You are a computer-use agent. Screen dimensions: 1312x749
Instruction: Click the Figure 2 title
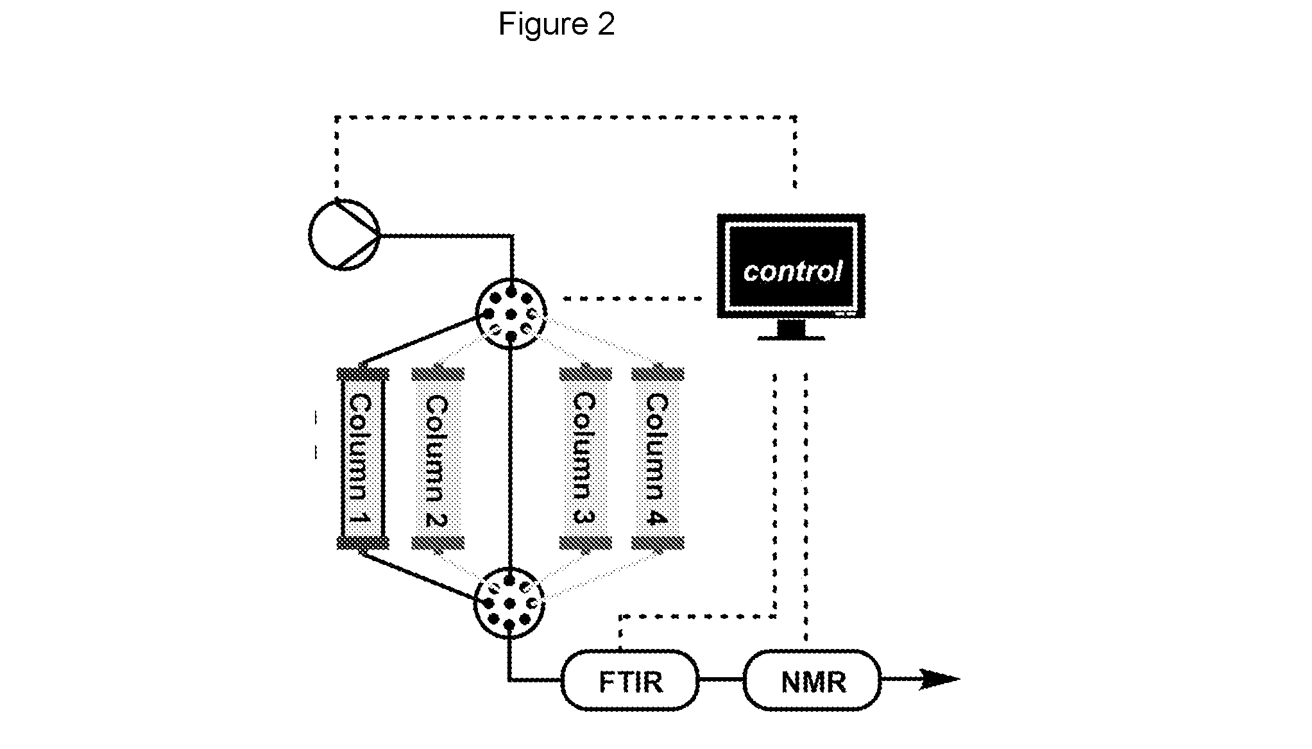coord(556,24)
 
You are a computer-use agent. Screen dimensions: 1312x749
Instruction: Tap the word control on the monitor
coord(792,271)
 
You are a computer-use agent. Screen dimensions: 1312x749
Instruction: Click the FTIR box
coord(630,680)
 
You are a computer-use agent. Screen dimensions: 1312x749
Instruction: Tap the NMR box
coord(812,680)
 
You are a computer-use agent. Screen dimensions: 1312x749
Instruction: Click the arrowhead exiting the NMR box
coord(939,679)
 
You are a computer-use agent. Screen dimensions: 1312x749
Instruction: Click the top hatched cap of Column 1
coord(362,374)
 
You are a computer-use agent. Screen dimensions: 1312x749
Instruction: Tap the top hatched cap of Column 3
coord(585,374)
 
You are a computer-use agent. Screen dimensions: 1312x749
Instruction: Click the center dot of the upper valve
coord(511,314)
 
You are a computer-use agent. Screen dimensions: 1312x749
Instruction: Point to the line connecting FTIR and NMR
coord(721,679)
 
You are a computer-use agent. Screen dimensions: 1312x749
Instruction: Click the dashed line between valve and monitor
coord(633,298)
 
